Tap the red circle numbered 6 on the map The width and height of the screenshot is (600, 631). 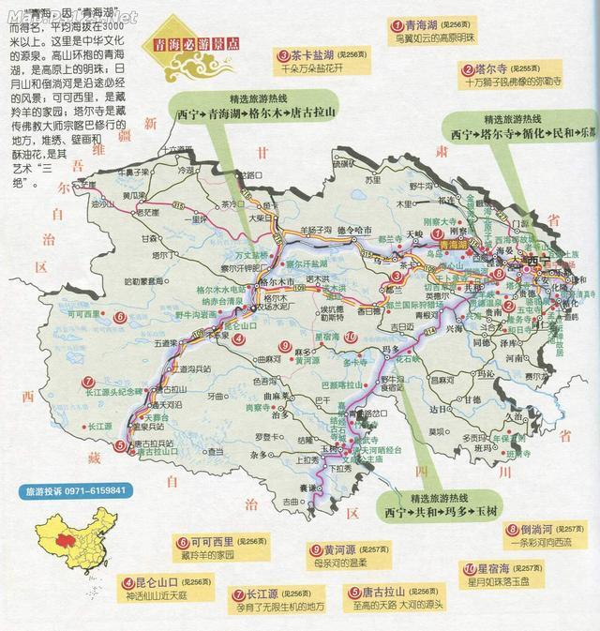(119, 317)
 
